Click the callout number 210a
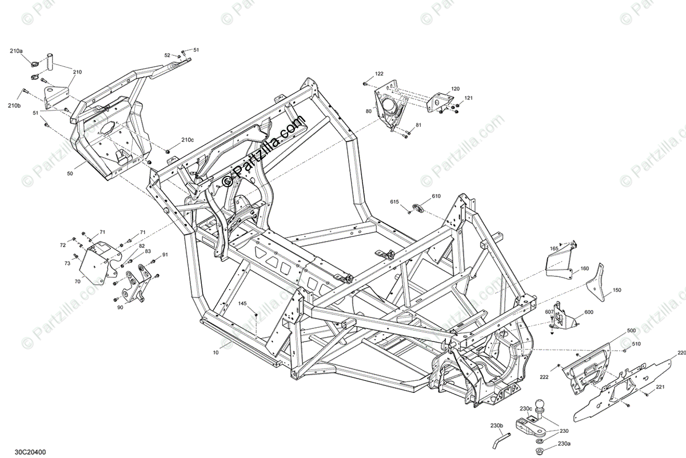(15, 51)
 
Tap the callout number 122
(379, 74)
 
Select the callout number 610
(436, 196)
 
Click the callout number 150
(617, 290)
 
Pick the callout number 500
(631, 331)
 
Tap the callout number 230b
(496, 425)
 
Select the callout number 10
(216, 353)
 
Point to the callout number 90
(119, 308)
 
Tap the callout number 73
(67, 263)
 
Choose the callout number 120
(455, 89)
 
